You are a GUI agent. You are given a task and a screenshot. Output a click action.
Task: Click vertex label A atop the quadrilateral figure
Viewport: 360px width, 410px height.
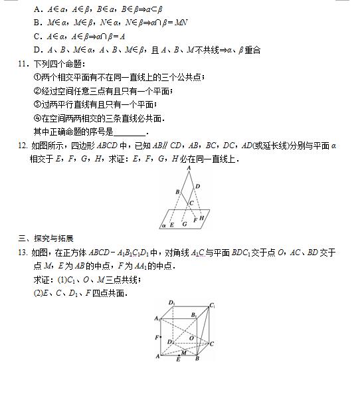(x=189, y=169)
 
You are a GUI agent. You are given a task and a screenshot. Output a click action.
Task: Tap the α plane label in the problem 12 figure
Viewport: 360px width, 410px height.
(x=163, y=226)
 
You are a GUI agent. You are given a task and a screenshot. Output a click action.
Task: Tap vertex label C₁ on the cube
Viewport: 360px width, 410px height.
(x=213, y=306)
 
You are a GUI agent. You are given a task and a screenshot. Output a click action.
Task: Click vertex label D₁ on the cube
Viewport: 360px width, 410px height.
(x=171, y=303)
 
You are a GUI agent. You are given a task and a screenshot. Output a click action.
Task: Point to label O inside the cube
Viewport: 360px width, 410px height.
(x=191, y=338)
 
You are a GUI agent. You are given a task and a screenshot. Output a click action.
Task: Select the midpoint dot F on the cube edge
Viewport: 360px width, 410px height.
(x=162, y=338)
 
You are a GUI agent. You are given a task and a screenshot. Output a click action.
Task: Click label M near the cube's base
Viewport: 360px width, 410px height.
(x=184, y=352)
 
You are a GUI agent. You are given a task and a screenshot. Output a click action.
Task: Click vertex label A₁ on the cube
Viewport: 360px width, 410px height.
(x=157, y=319)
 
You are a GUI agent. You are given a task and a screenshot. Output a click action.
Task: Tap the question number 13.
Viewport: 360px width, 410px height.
(x=23, y=253)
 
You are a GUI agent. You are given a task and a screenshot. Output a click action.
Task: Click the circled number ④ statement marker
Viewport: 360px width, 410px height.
(x=37, y=118)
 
